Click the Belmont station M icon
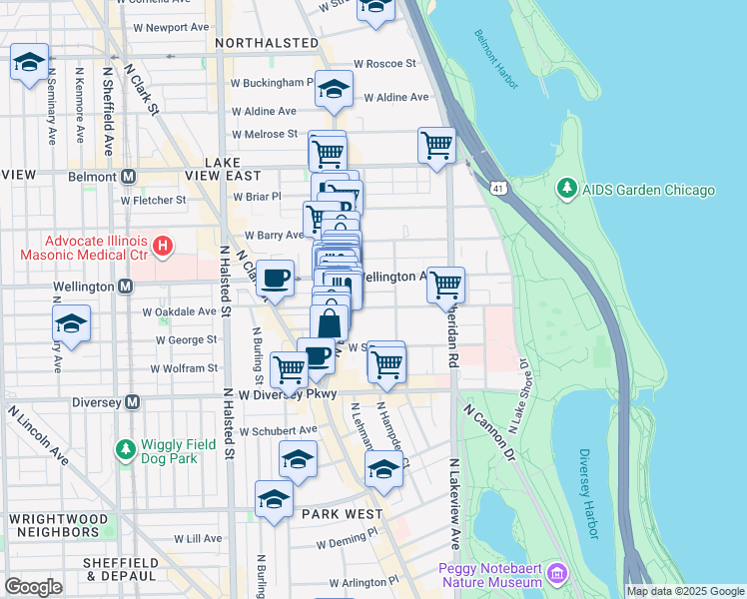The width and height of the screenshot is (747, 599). [x=128, y=176]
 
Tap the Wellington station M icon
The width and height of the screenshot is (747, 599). [x=126, y=287]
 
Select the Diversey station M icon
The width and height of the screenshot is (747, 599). [x=130, y=401]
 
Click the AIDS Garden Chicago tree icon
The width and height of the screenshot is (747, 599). [x=567, y=189]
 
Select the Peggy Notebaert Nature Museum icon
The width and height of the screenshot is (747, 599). [x=557, y=574]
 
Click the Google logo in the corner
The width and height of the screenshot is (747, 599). [x=33, y=587]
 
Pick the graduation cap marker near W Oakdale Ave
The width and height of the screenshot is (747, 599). [x=71, y=323]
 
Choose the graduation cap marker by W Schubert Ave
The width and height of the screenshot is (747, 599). [x=298, y=459]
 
